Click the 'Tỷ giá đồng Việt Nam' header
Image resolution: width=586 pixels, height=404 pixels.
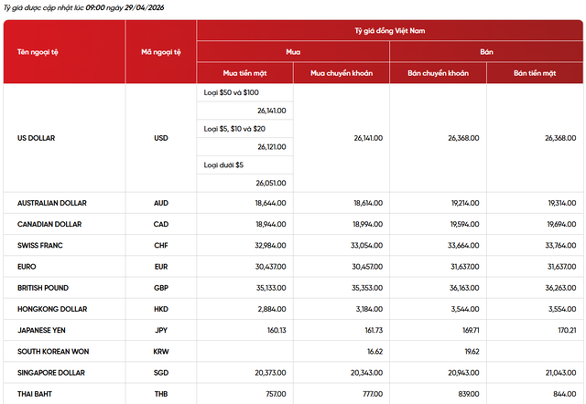390,30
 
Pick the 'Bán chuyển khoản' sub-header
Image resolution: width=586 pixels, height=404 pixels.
438,71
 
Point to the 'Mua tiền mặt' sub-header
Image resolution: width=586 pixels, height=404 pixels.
244,71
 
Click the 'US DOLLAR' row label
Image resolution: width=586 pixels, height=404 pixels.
37,138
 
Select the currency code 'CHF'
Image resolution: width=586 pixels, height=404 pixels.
161,246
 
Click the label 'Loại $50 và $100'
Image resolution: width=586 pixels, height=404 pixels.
231,93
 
